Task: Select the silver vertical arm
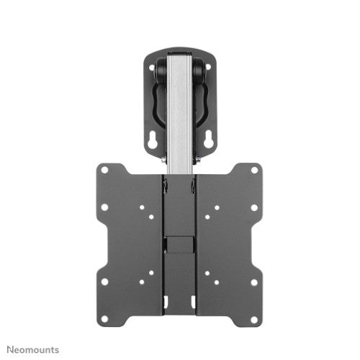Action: (180, 108)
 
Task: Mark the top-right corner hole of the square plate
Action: (255, 171)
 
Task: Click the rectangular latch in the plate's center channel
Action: (180, 246)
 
